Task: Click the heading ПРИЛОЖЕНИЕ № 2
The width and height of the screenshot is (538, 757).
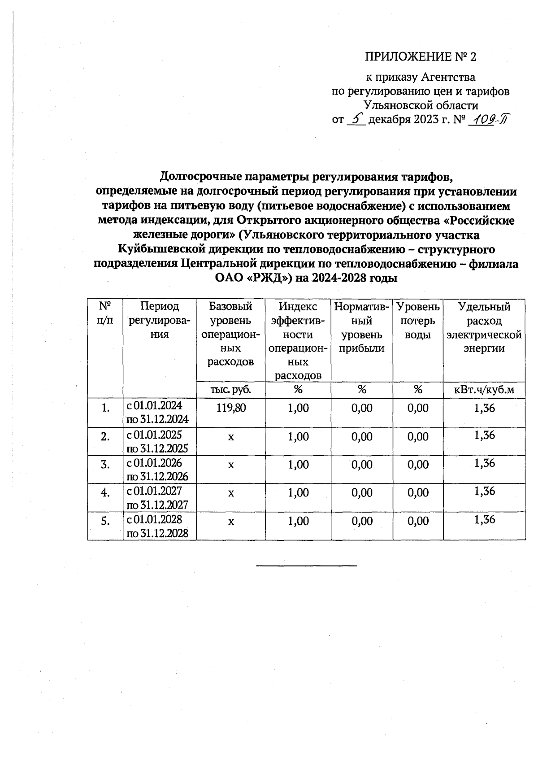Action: click(420, 57)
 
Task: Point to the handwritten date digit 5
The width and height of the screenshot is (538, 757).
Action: click(356, 119)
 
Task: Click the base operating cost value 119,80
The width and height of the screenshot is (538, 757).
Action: click(230, 408)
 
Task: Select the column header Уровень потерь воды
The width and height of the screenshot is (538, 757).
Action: click(418, 321)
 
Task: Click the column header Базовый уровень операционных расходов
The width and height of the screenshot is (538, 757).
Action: click(230, 334)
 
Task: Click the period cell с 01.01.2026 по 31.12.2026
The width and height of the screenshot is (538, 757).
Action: click(157, 469)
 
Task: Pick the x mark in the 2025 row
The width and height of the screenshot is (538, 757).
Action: click(230, 436)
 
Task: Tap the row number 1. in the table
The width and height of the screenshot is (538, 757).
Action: click(105, 408)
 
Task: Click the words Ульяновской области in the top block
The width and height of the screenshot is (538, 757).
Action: click(421, 106)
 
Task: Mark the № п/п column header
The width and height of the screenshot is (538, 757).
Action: click(105, 314)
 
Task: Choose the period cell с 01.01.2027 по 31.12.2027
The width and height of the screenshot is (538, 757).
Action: click(157, 497)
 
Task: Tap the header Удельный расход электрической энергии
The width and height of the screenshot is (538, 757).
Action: click(484, 327)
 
